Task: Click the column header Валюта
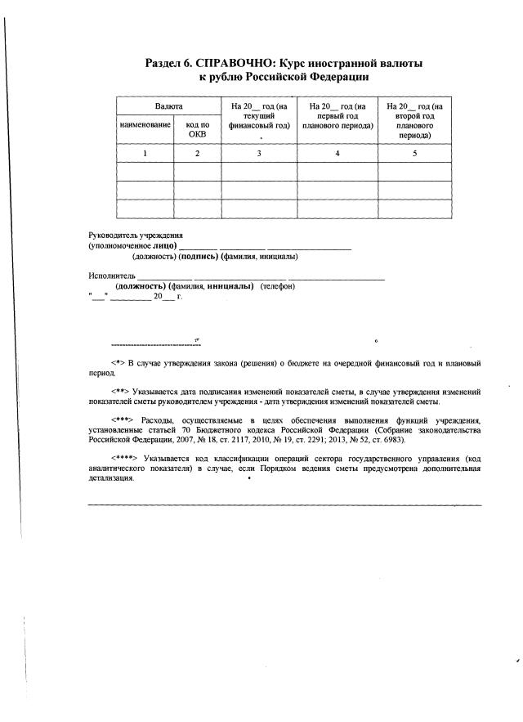coord(168,107)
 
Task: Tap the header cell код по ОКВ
coord(197,128)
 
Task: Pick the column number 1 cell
coord(145,153)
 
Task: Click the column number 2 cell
coord(197,153)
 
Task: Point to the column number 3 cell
coord(259,153)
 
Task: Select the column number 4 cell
coord(337,153)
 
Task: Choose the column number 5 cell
coord(414,153)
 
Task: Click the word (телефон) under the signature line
coord(278,286)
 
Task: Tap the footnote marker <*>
coord(117,361)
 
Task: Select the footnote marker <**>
coord(119,392)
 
